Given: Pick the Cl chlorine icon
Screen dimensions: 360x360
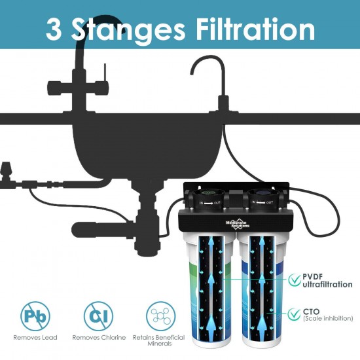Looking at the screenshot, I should pos(98,315).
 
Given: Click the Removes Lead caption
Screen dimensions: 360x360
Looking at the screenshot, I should pos(35,338).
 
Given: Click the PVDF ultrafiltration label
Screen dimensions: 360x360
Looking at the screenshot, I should pos(327,280).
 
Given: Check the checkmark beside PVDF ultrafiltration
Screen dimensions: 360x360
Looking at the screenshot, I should pos(295,280).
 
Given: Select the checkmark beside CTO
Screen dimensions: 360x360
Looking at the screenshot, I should pos(295,314).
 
